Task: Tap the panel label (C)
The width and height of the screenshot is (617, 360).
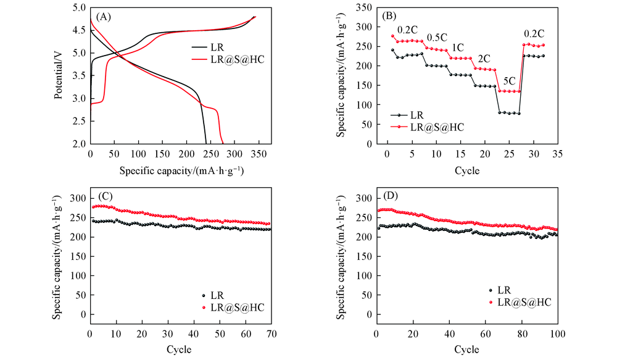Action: click(x=102, y=198)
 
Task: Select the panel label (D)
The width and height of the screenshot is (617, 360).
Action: click(x=389, y=198)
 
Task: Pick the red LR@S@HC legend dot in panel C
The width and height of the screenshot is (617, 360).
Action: click(x=204, y=307)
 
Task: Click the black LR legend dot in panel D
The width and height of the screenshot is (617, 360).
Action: click(x=491, y=290)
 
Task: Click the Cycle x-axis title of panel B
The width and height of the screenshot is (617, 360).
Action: click(x=467, y=170)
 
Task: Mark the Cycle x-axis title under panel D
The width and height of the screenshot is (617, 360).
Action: click(x=467, y=350)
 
